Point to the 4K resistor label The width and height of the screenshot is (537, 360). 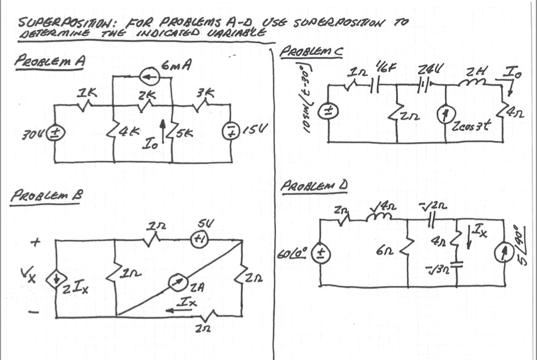coord(126,133)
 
